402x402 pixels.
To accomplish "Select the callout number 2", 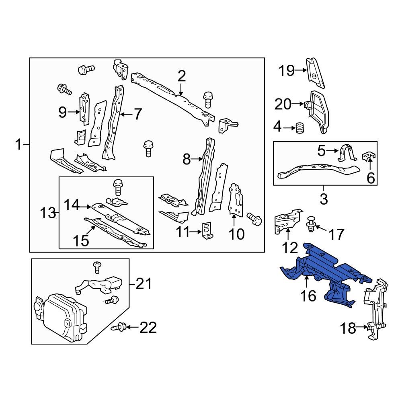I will tap(181, 76).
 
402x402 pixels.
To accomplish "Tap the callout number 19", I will tap(287, 71).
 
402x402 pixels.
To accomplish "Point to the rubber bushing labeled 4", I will tap(299, 129).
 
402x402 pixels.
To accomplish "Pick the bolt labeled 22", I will tap(120, 328).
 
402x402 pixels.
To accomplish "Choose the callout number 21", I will tap(143, 284).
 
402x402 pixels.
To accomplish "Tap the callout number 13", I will tap(48, 213).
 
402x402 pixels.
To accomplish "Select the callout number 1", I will tap(18, 144).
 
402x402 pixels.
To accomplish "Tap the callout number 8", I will tap(186, 160).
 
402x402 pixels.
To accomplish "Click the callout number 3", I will tap(324, 198).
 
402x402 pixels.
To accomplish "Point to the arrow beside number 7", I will tap(126, 115).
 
